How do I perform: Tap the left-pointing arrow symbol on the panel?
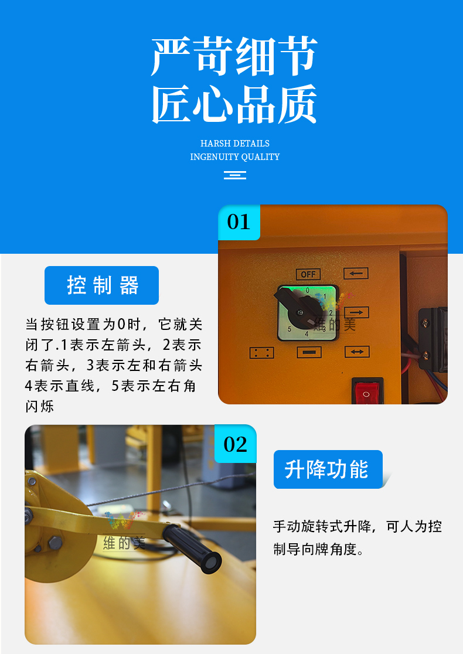click(x=356, y=274)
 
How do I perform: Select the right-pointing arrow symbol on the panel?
click(x=356, y=312)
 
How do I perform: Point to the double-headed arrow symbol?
click(x=356, y=352)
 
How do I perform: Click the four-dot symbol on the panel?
click(x=261, y=353)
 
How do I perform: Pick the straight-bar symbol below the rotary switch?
click(x=309, y=352)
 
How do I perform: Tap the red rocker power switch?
click(x=367, y=391)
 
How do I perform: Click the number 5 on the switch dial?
click(x=290, y=329)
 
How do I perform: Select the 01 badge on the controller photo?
click(x=239, y=222)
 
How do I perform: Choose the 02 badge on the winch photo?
click(x=236, y=444)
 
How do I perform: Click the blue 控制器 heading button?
click(x=101, y=285)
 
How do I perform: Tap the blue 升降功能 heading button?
click(x=328, y=469)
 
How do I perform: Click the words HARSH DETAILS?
click(x=234, y=144)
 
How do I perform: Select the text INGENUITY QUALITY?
click(x=234, y=157)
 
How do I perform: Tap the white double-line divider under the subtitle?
click(x=234, y=175)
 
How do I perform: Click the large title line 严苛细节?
click(x=234, y=57)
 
